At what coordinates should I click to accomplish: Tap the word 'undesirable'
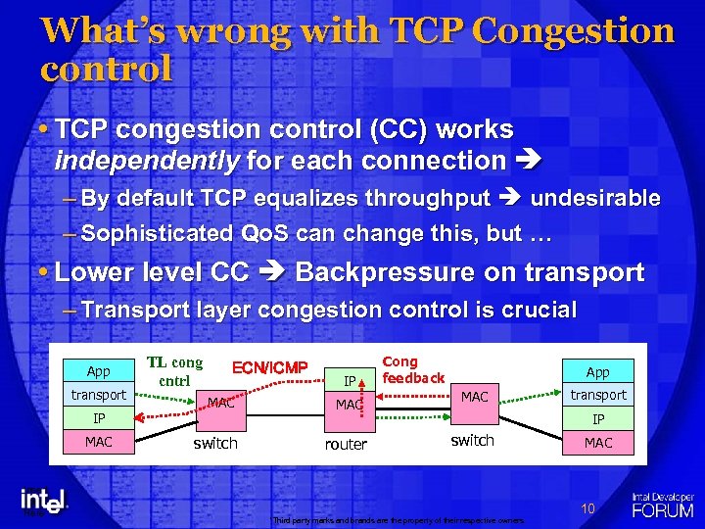coord(595,198)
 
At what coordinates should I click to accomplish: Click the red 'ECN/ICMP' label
coord(269,368)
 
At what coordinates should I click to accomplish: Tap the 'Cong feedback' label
coord(412,369)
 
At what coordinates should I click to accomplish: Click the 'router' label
coord(346,444)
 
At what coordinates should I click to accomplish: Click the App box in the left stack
coord(98,371)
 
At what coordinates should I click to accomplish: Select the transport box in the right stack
coord(597,395)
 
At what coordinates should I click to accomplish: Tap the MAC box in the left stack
coord(98,442)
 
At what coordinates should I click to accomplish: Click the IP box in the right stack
coord(597,418)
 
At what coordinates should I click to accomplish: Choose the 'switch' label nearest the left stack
coord(215,443)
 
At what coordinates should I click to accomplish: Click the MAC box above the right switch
coord(474,396)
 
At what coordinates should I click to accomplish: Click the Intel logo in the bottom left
coord(45,500)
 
